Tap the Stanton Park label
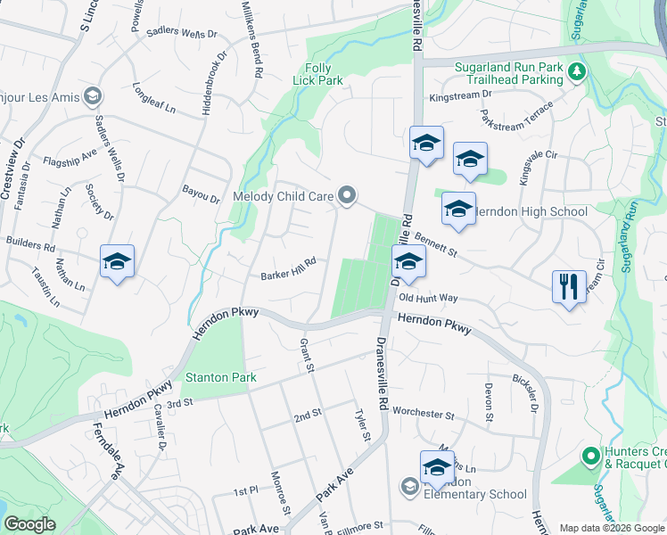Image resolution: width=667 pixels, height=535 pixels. tap(220, 377)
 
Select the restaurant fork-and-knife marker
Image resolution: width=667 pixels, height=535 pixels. tap(568, 287)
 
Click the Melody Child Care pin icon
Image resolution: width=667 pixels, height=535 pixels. tap(349, 195)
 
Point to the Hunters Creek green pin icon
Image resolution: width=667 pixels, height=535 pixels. tap(589, 457)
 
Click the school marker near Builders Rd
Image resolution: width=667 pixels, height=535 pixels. tap(117, 261)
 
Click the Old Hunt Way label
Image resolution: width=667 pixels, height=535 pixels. tap(428, 298)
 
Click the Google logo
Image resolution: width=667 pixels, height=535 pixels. tap(29, 524)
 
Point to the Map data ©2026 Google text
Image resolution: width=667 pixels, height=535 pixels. tap(612, 528)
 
